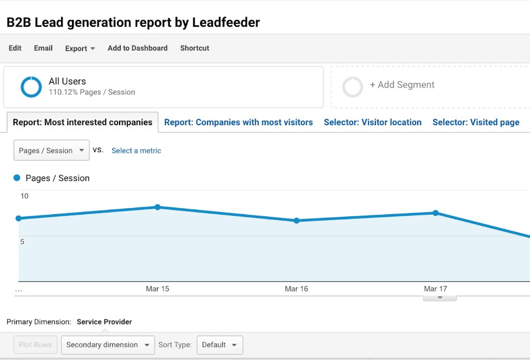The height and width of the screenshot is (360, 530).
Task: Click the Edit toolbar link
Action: click(x=15, y=48)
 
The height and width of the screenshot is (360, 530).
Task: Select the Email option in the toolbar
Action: click(x=43, y=48)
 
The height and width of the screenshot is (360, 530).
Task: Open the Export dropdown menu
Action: click(x=80, y=49)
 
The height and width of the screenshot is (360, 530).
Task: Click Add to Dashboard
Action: click(x=138, y=48)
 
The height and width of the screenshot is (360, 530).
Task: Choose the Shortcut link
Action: click(x=195, y=48)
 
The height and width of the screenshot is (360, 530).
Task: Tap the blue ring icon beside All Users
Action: click(x=31, y=87)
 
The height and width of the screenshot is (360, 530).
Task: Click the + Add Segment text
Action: click(x=402, y=85)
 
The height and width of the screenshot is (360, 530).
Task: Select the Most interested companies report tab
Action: click(x=83, y=123)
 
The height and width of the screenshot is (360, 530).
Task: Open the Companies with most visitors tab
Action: click(x=239, y=123)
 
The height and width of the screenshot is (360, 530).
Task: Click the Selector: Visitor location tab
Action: click(x=373, y=123)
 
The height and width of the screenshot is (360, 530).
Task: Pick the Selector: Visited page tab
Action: click(x=476, y=123)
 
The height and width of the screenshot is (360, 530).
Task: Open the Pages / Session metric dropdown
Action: click(x=51, y=151)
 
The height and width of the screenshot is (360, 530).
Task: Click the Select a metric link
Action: click(x=136, y=151)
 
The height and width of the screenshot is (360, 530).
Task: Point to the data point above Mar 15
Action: click(x=157, y=207)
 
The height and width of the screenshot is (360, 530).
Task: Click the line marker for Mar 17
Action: click(x=435, y=213)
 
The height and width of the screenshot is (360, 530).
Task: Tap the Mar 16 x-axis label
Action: click(x=296, y=289)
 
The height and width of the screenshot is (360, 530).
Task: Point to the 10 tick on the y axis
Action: click(x=24, y=196)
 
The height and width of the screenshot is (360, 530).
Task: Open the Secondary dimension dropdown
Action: click(x=108, y=345)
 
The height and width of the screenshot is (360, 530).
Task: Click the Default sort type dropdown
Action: click(x=219, y=345)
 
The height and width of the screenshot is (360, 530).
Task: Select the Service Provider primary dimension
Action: click(x=104, y=322)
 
